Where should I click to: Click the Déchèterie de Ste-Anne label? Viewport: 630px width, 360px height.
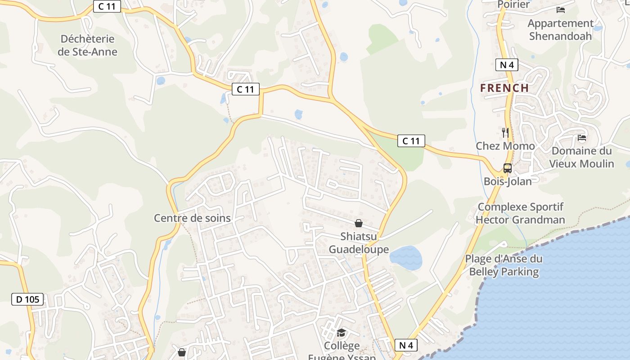tap(87, 45)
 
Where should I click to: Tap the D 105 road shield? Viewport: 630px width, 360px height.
tap(27, 299)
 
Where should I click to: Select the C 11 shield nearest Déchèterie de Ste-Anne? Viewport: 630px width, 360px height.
tap(107, 6)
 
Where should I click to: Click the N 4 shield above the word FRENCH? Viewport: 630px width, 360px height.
tap(507, 65)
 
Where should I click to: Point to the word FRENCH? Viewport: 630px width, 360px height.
tap(504, 88)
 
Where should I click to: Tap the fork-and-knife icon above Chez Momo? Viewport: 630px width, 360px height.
tap(505, 132)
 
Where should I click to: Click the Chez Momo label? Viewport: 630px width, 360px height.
tap(505, 146)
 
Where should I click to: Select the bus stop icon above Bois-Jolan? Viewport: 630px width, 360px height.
tap(508, 168)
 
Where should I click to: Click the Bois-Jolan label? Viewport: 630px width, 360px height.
tap(508, 181)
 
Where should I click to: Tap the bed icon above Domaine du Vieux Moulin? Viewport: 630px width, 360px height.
tap(582, 138)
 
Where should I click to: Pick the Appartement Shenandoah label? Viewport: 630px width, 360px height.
tap(560, 30)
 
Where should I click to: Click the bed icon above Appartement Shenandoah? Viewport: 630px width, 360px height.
tap(561, 9)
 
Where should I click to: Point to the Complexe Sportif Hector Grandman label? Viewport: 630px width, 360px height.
tap(520, 213)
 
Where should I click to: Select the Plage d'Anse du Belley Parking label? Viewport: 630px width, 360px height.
tap(504, 265)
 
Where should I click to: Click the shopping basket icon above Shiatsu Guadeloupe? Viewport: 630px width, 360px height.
tap(359, 223)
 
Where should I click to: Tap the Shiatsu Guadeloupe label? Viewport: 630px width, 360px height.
tap(359, 243)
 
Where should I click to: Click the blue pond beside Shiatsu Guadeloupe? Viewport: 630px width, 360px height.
tap(406, 258)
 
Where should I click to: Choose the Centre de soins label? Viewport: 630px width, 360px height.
tap(192, 218)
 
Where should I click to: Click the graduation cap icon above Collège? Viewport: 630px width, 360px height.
tap(342, 333)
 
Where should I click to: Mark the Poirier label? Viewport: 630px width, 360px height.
tap(513, 4)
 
